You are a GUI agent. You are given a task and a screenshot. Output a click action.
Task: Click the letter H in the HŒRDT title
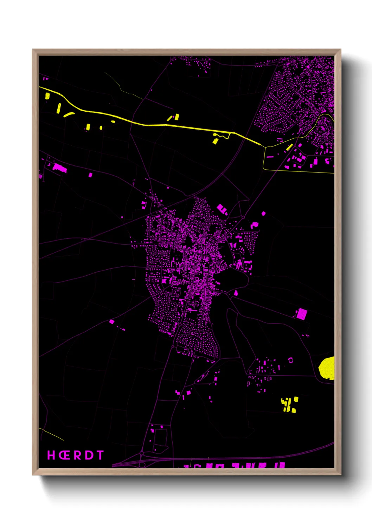click(51, 455)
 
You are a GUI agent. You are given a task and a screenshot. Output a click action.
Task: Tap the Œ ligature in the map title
click(64, 455)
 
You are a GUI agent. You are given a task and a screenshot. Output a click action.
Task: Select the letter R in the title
click(77, 455)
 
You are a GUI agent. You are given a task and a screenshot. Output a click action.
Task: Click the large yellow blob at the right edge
click(327, 368)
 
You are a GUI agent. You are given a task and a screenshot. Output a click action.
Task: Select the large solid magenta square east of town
click(301, 314)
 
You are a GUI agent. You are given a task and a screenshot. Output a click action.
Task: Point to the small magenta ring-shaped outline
click(290, 360)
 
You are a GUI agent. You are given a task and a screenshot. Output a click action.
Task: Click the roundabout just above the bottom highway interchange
click(141, 453)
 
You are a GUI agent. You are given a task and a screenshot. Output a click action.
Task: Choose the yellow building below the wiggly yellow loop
click(216, 141)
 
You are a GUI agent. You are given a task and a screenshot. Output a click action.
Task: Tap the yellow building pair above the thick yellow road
click(175, 117)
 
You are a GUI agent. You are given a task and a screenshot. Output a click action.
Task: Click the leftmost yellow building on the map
click(47, 96)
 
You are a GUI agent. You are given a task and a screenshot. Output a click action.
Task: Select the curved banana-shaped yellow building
click(68, 114)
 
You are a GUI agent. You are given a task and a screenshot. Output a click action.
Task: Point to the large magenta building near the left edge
click(59, 168)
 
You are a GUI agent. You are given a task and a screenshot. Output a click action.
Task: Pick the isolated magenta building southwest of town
click(111, 321)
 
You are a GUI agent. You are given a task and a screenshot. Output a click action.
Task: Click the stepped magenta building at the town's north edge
click(222, 209)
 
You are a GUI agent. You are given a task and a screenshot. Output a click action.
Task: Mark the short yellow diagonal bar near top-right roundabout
click(290, 147)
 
